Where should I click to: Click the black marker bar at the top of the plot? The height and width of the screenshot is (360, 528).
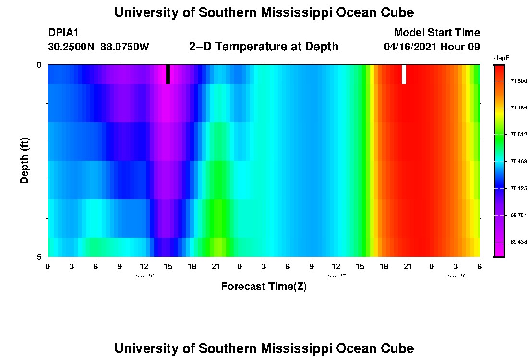click(x=168, y=74)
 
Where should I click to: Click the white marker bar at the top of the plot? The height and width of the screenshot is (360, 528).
click(x=404, y=74)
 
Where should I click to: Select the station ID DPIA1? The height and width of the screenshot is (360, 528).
click(x=63, y=33)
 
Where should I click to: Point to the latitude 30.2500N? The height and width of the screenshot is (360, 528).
click(x=72, y=47)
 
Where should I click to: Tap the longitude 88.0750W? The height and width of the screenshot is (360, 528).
click(x=125, y=47)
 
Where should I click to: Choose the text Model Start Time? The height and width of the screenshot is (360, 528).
click(x=437, y=33)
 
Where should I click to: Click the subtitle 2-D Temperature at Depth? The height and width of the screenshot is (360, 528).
click(x=264, y=47)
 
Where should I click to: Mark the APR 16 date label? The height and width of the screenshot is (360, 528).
click(x=144, y=276)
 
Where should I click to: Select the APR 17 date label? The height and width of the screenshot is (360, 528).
click(x=336, y=276)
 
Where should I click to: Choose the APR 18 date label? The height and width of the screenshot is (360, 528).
click(x=456, y=276)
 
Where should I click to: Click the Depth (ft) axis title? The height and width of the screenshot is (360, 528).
click(x=25, y=160)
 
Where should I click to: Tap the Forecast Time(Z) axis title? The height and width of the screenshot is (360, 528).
click(x=264, y=287)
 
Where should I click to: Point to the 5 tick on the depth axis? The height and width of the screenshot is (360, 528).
click(x=40, y=257)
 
